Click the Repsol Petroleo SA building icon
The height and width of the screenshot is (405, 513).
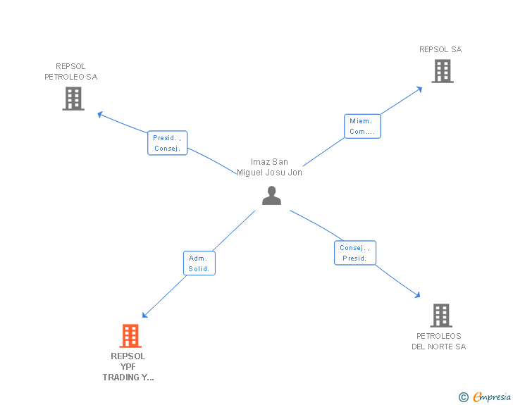(x=73, y=99)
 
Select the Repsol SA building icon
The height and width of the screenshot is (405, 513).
(x=443, y=71)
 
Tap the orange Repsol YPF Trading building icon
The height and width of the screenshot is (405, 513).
(x=130, y=336)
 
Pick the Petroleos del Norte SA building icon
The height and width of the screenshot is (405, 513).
(x=440, y=316)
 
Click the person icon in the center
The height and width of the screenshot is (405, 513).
(x=271, y=196)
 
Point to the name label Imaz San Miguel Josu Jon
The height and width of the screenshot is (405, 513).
(x=269, y=168)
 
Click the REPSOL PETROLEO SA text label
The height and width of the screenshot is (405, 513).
(x=71, y=72)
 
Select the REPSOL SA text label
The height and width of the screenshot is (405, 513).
(x=440, y=49)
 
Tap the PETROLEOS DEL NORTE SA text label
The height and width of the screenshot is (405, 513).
(x=439, y=341)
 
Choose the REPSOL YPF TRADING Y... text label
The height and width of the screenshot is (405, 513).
(x=128, y=366)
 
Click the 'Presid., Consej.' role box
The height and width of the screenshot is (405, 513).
(x=168, y=143)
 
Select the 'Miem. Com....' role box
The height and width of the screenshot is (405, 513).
(x=362, y=126)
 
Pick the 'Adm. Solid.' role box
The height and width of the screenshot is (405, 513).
(x=199, y=263)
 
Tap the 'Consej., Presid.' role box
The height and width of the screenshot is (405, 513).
(x=354, y=253)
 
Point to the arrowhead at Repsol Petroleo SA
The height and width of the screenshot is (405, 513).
(x=100, y=113)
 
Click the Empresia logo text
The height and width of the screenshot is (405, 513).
(x=492, y=397)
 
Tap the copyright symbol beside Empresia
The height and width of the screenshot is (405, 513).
(x=464, y=398)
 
